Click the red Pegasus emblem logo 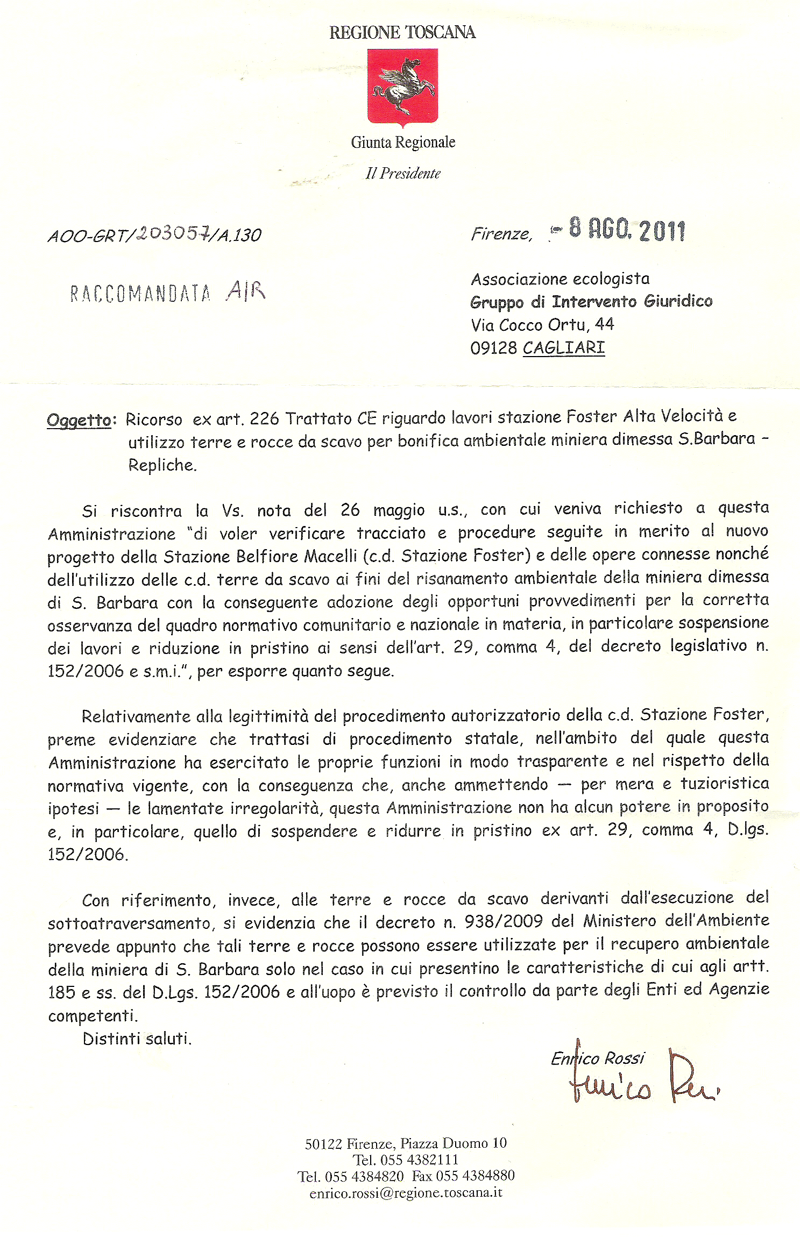(x=402, y=86)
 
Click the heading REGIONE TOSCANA (x=402, y=33)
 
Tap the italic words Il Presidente (x=403, y=173)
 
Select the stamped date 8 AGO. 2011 (x=626, y=230)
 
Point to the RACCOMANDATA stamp (x=140, y=293)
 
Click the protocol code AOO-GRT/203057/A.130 (x=154, y=234)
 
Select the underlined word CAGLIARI (x=564, y=347)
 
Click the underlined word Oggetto (x=79, y=420)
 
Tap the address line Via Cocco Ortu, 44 (x=542, y=324)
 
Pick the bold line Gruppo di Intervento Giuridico (x=591, y=301)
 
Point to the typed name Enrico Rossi (x=597, y=1058)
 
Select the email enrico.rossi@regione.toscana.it (x=406, y=1192)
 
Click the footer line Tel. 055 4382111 (x=406, y=1160)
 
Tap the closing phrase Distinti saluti (x=137, y=1039)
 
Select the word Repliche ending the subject (x=162, y=465)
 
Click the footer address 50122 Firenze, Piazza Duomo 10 (x=406, y=1143)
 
